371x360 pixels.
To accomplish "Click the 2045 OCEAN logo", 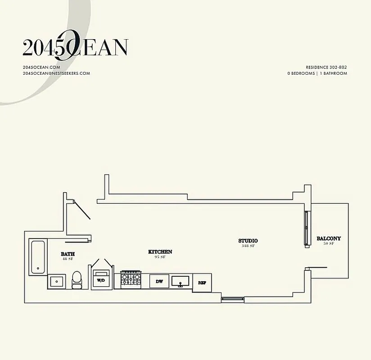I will (x=75, y=47).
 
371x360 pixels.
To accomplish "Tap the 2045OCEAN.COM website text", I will (x=41, y=67).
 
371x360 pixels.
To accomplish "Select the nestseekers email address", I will (x=56, y=73).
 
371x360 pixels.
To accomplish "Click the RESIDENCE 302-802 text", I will (x=326, y=67).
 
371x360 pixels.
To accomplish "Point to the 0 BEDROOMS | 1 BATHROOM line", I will (x=317, y=73).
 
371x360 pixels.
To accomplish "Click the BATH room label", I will (x=68, y=254).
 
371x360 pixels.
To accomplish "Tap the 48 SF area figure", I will (x=68, y=260).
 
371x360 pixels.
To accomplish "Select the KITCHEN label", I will (x=160, y=252).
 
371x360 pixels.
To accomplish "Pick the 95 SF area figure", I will (x=160, y=257).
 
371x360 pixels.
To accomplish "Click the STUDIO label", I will (x=248, y=241).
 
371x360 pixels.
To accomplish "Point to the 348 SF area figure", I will (x=248, y=246).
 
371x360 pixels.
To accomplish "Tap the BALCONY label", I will (x=328, y=238).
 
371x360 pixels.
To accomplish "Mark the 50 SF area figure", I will (x=328, y=243).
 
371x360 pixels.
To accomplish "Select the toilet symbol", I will (x=77, y=279).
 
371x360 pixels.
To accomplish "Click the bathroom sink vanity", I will (x=56, y=282).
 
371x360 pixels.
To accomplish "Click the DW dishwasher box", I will (x=159, y=281).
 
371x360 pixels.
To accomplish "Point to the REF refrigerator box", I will (x=202, y=283).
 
